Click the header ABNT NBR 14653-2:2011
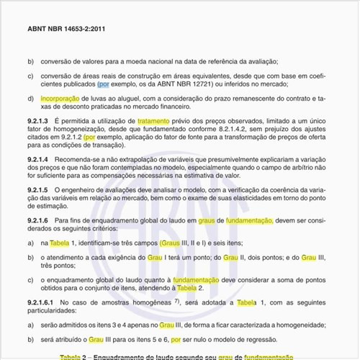tap(65, 29)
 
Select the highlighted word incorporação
tap(60, 98)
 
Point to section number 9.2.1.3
tap(37, 121)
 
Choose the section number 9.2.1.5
tap(37, 190)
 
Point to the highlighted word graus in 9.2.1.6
tap(207, 221)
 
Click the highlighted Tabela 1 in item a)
tap(62, 244)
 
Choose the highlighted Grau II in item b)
tap(232, 256)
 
